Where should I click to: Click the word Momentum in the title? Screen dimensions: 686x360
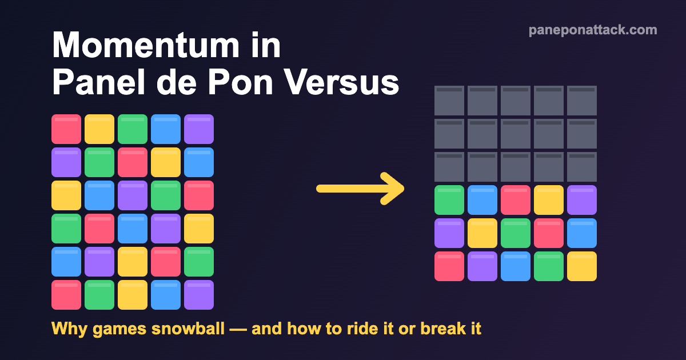(146, 45)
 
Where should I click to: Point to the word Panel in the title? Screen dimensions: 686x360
(98, 82)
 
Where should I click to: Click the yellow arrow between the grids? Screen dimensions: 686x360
(360, 189)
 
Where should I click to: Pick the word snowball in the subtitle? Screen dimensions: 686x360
(188, 329)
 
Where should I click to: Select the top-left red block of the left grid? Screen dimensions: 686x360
(66, 129)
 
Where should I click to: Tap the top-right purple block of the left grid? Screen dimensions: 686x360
(199, 129)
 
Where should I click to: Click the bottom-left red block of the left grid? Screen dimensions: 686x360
(66, 295)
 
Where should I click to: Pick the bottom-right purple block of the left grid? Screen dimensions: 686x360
(199, 295)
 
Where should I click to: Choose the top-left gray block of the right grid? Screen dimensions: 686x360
(449, 101)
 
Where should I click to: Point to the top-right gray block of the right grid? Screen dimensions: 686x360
(582, 101)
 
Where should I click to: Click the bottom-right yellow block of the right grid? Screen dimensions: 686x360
(582, 266)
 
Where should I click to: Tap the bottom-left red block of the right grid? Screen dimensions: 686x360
(449, 266)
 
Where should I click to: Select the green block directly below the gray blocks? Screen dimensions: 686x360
(449, 200)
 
